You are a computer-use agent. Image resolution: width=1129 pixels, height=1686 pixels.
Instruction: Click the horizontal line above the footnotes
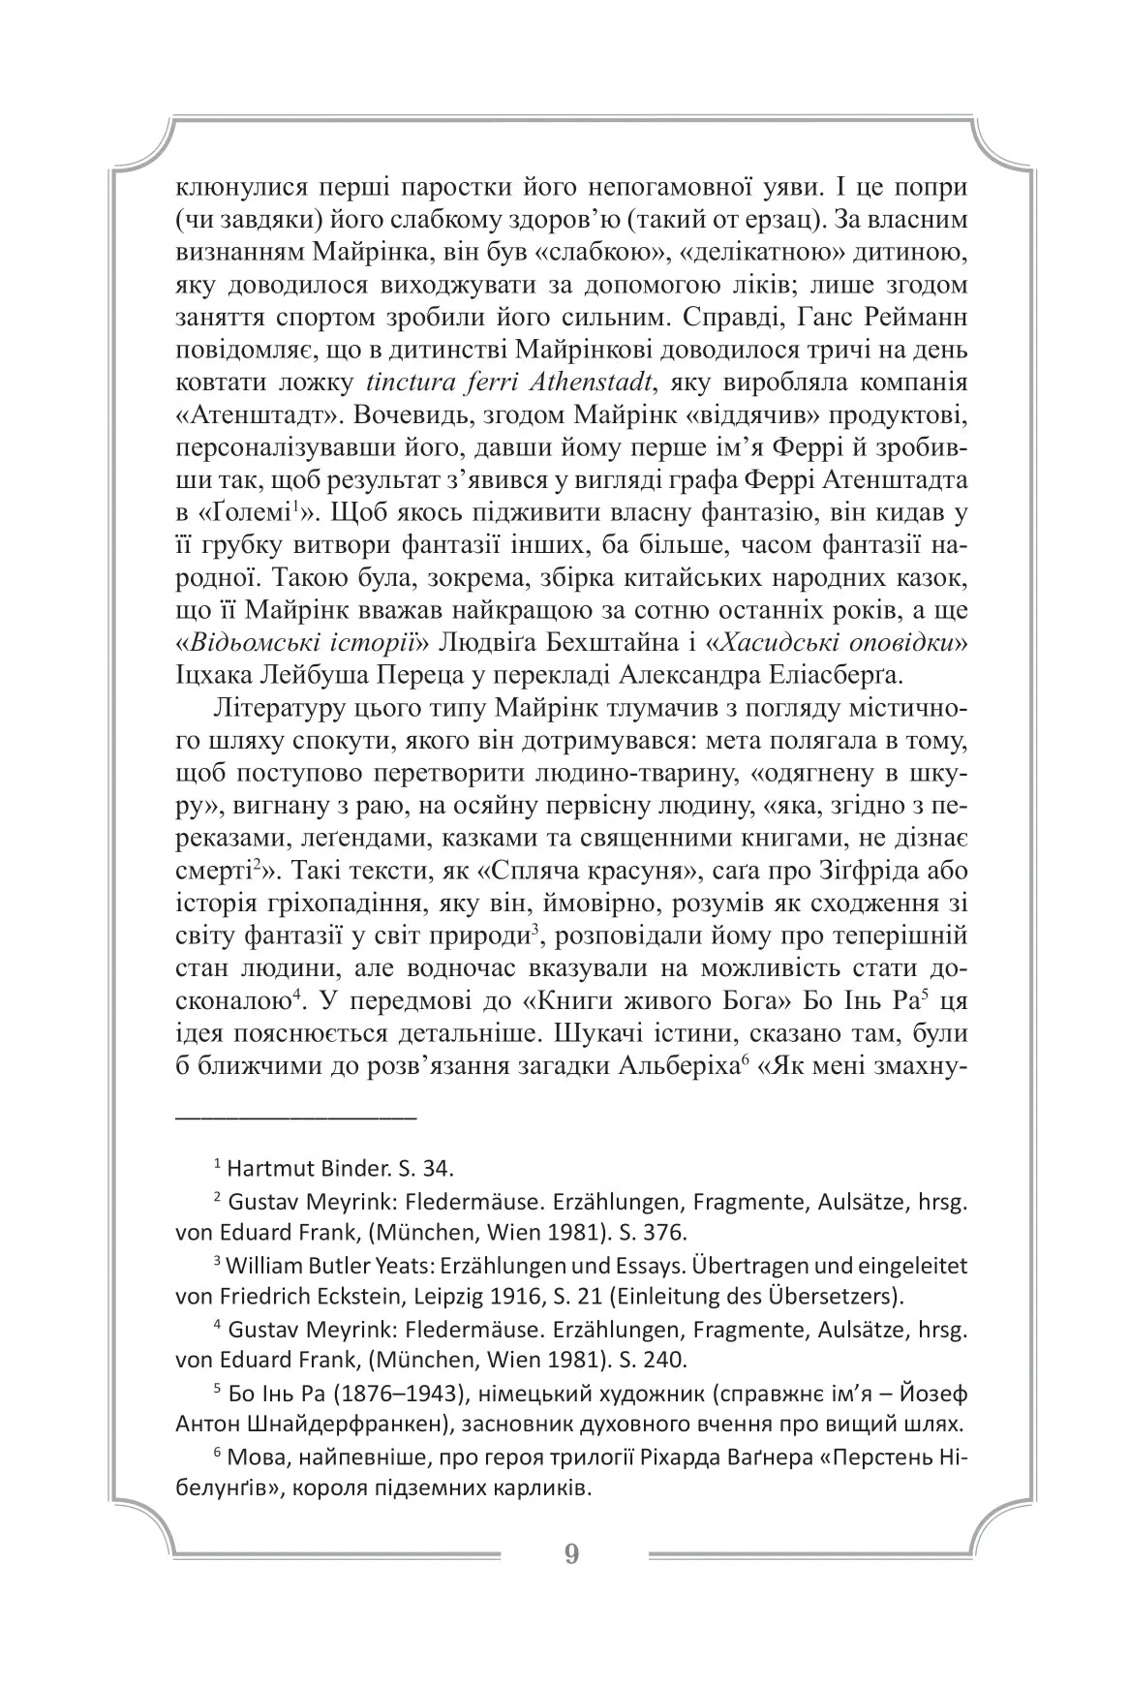[x=295, y=1117]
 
